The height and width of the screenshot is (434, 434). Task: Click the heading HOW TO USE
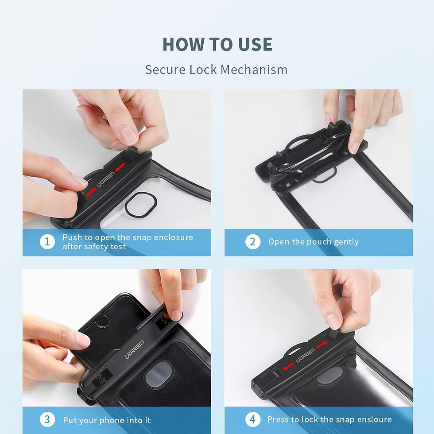coord(217,44)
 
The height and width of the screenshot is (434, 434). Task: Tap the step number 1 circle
coord(47,242)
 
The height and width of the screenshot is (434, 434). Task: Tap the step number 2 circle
coord(253,242)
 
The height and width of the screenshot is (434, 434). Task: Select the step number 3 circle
coord(47,419)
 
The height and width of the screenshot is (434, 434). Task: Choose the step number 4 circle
coord(253,419)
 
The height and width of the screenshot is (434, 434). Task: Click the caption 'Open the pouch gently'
coord(313,242)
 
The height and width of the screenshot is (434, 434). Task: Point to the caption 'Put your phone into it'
coord(107,420)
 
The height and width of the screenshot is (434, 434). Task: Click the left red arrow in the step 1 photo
coord(90,190)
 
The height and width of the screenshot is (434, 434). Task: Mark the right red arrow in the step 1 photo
coord(120,166)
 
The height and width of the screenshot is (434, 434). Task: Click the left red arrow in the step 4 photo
coord(288,366)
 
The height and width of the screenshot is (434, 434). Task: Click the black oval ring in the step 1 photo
coord(141,205)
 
